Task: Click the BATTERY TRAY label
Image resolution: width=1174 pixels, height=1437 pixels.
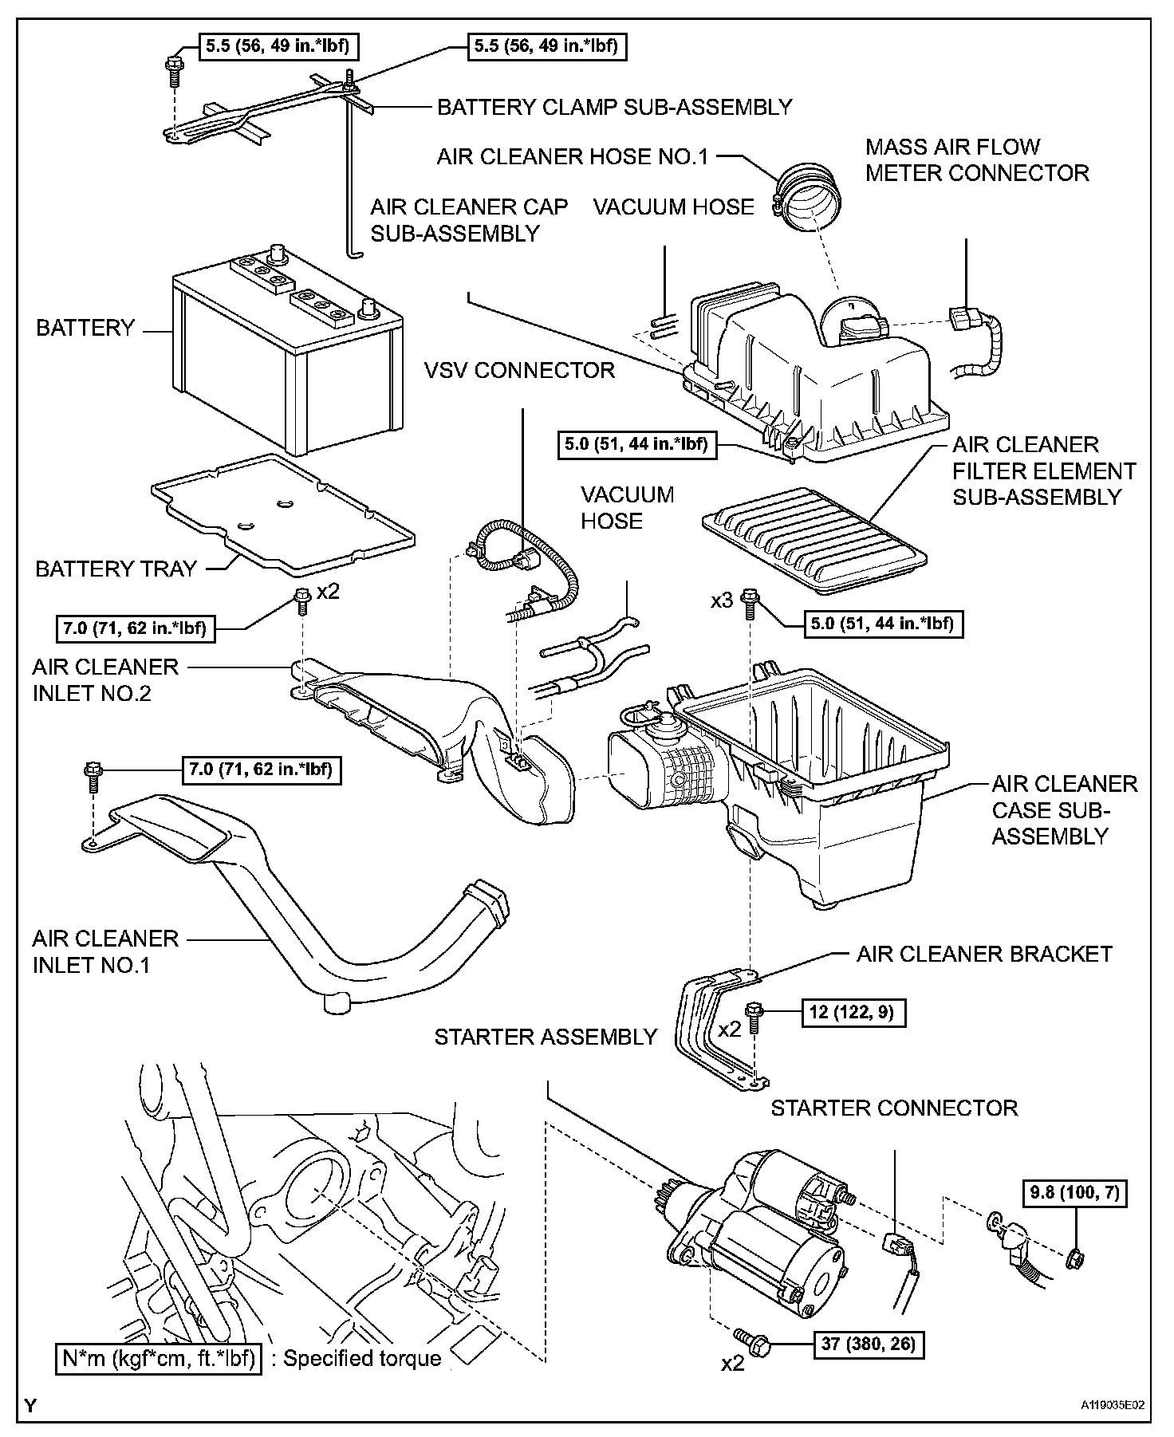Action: tap(116, 569)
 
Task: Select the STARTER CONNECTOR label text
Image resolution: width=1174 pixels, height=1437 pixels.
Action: tap(893, 1108)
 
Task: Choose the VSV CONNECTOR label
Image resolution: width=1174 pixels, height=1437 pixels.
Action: tap(519, 370)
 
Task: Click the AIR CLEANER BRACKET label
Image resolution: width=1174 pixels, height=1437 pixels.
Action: tap(983, 954)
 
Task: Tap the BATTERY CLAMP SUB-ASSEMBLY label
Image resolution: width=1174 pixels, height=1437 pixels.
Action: tap(614, 107)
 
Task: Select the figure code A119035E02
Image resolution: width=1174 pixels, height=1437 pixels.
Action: tap(1113, 1404)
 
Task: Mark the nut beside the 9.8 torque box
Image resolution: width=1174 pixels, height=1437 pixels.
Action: tap(1074, 1258)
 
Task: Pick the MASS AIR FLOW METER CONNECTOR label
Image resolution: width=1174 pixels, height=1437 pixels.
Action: tap(976, 159)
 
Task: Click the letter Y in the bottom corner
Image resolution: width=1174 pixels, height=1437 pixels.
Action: tap(30, 1405)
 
